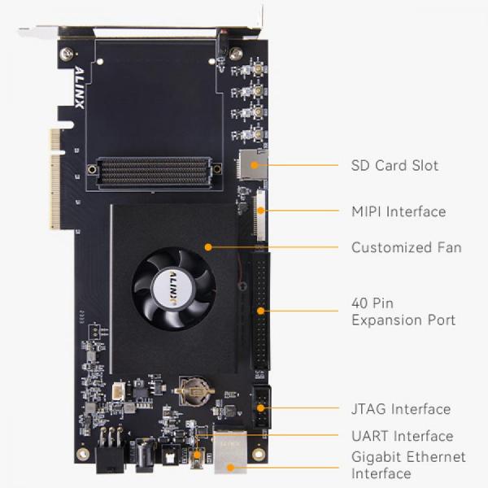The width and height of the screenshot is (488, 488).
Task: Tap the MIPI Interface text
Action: click(x=399, y=211)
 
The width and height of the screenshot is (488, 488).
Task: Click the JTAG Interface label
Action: click(x=401, y=408)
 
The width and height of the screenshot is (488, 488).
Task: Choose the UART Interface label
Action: click(x=402, y=436)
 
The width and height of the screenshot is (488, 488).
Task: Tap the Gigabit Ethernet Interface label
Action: click(x=408, y=464)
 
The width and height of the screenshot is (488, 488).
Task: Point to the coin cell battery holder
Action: click(x=194, y=390)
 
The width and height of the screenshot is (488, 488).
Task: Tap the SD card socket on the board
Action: click(x=252, y=165)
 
